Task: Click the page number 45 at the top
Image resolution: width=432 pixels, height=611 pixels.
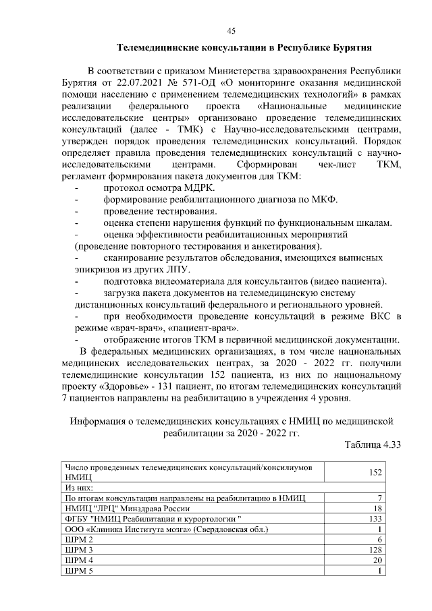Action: tap(230, 30)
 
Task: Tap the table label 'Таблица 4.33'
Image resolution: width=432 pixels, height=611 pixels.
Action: tap(373, 445)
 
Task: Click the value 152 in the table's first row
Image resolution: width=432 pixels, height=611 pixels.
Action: tap(372, 472)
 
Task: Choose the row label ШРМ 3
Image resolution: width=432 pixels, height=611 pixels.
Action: tap(78, 551)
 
